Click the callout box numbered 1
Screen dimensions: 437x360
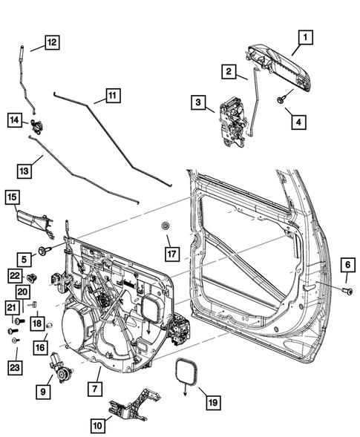(306, 36)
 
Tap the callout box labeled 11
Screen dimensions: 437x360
(112, 96)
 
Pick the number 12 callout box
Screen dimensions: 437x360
(51, 42)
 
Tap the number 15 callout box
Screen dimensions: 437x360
(13, 197)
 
